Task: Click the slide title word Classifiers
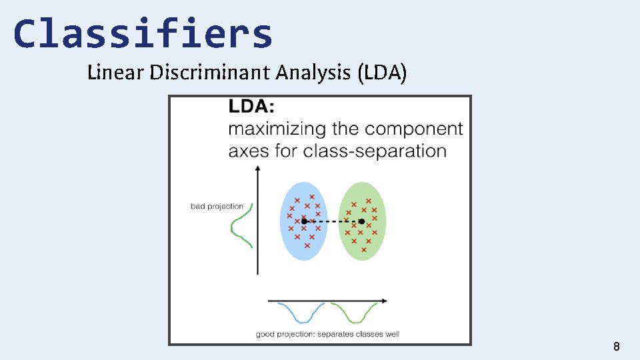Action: click(143, 35)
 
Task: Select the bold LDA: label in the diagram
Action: click(251, 107)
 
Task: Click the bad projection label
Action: click(217, 206)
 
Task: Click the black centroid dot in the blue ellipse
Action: click(304, 221)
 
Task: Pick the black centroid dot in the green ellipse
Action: click(361, 221)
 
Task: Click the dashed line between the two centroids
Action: click(333, 221)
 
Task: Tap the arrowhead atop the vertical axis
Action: click(257, 170)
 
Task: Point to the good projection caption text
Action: click(327, 334)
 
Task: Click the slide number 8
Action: click(616, 346)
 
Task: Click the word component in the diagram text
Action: click(414, 129)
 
